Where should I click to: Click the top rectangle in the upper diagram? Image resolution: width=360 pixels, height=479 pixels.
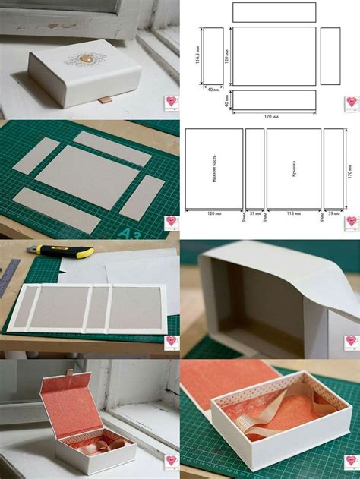273,12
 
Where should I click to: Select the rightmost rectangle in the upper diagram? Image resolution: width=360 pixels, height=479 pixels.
330,56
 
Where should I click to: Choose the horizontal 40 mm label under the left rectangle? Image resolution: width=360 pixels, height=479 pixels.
213,90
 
